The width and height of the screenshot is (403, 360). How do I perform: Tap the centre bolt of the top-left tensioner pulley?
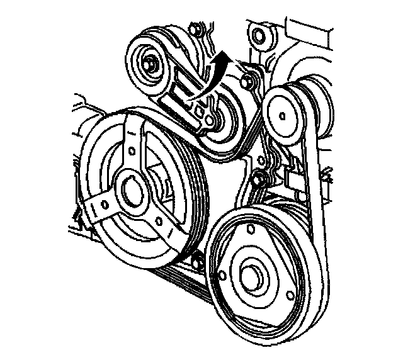pyautogui.click(x=152, y=63)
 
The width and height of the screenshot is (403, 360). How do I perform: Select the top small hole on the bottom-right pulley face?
pyautogui.click(x=251, y=230)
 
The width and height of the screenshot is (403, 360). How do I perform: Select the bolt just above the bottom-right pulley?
pyautogui.click(x=259, y=180)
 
